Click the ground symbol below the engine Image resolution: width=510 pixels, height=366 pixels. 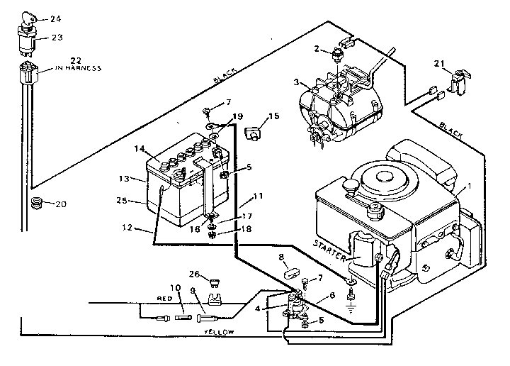click(x=350, y=307)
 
